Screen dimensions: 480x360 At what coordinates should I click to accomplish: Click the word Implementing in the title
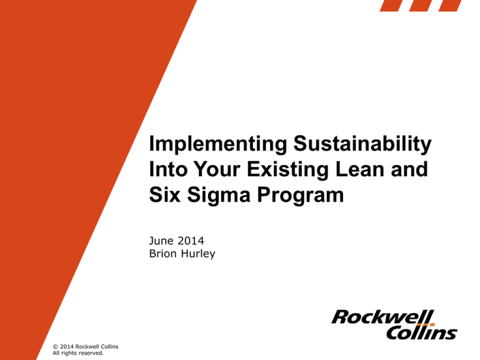(218, 144)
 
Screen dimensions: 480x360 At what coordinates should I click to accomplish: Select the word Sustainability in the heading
(362, 144)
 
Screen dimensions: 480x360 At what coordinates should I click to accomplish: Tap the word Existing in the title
(287, 169)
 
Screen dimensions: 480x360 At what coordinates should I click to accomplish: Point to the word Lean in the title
(359, 169)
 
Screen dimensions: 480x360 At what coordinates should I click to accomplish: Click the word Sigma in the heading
(219, 195)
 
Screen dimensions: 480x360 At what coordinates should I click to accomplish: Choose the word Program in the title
(300, 195)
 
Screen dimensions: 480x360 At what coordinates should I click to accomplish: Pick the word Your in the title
(217, 169)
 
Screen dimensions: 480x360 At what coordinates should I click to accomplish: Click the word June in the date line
(161, 241)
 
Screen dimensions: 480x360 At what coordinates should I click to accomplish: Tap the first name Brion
(163, 254)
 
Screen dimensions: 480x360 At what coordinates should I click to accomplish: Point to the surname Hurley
(198, 254)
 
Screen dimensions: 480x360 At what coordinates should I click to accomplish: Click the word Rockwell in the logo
(382, 317)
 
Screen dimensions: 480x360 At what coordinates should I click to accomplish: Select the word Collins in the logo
(422, 332)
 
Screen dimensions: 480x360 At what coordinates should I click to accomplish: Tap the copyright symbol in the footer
(56, 347)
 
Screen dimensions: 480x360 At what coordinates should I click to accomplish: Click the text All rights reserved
(78, 353)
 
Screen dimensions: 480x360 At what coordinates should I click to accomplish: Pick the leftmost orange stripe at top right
(391, 6)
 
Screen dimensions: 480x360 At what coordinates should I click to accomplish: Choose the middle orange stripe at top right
(421, 6)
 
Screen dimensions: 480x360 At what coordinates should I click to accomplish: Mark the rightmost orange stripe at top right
(450, 6)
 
